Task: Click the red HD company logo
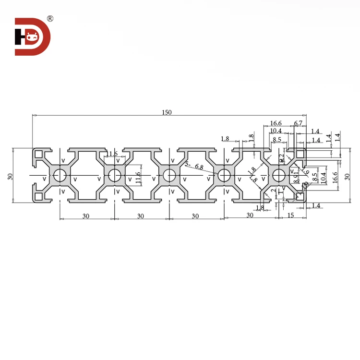point(32,36)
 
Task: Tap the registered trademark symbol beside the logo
point(50,19)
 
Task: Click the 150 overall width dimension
point(167,112)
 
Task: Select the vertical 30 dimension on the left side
point(10,176)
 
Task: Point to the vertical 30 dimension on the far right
point(348,176)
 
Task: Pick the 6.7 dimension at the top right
point(298,123)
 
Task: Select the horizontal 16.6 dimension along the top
point(276,123)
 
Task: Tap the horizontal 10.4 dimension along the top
point(276,131)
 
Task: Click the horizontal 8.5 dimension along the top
point(277,140)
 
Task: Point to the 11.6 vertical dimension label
point(138,177)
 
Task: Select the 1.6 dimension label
point(113,154)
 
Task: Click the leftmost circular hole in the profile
point(60,176)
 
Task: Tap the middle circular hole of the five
point(169,176)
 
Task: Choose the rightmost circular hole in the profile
point(278,176)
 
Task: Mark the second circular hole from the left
point(114,176)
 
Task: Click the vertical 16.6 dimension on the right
point(335,176)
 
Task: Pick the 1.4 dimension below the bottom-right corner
point(316,205)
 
